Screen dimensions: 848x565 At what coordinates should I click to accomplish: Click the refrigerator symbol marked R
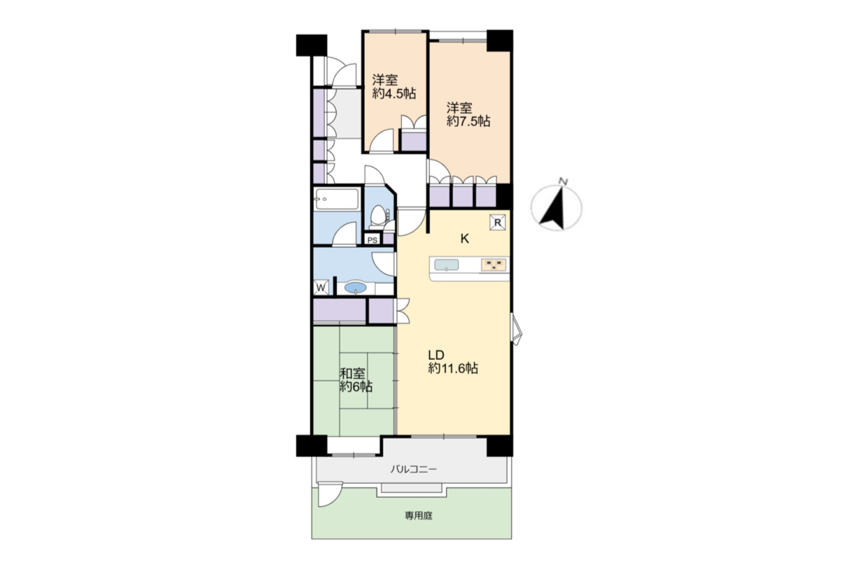(497, 223)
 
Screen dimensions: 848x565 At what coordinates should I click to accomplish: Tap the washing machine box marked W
(321, 288)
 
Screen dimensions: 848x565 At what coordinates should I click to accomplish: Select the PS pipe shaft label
(373, 240)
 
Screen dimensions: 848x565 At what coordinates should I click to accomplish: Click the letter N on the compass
(564, 181)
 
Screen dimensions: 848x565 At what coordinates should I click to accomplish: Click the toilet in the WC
(377, 217)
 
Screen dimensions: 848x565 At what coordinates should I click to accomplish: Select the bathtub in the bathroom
(336, 199)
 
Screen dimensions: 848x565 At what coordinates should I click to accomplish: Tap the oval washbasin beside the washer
(356, 288)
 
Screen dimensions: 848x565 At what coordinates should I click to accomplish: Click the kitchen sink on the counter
(447, 265)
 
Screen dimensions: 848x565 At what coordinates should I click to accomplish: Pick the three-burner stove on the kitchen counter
(493, 265)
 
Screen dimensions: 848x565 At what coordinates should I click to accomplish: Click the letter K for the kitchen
(464, 239)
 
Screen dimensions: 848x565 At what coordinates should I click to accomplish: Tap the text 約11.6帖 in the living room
(453, 368)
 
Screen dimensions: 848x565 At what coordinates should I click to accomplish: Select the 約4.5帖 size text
(394, 93)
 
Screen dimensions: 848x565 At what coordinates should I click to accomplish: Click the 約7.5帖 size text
(468, 121)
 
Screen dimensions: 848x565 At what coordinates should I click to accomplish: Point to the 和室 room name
(352, 373)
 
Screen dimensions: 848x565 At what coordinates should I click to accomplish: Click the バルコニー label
(414, 470)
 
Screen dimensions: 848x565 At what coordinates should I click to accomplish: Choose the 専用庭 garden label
(419, 515)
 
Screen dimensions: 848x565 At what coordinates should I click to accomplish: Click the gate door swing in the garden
(330, 494)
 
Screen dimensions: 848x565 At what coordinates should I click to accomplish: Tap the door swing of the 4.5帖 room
(382, 141)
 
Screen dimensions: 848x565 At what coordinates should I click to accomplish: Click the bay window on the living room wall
(516, 329)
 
